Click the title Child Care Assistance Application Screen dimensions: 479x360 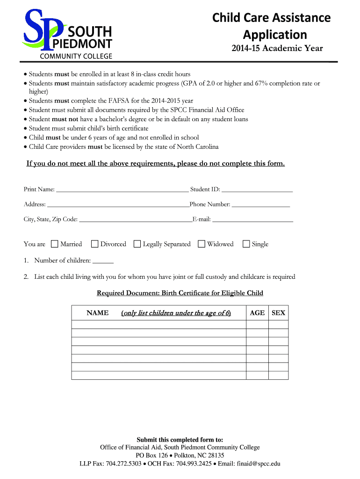(271, 26)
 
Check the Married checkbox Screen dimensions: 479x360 (55, 244)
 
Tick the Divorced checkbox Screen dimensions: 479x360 (95, 244)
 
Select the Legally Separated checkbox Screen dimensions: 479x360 (137, 244)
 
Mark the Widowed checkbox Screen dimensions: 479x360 (202, 244)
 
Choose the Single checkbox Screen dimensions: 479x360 (246, 244)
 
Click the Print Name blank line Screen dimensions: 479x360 (122, 190)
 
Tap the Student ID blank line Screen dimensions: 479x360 (257, 190)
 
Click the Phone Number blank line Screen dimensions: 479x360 (260, 205)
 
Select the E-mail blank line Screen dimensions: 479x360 (252, 219)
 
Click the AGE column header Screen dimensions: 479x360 (257, 313)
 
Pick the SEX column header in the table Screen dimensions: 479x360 (278, 313)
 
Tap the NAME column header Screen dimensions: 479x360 (98, 313)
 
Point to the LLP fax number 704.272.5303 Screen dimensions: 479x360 (123, 464)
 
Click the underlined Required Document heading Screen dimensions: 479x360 (180, 293)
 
